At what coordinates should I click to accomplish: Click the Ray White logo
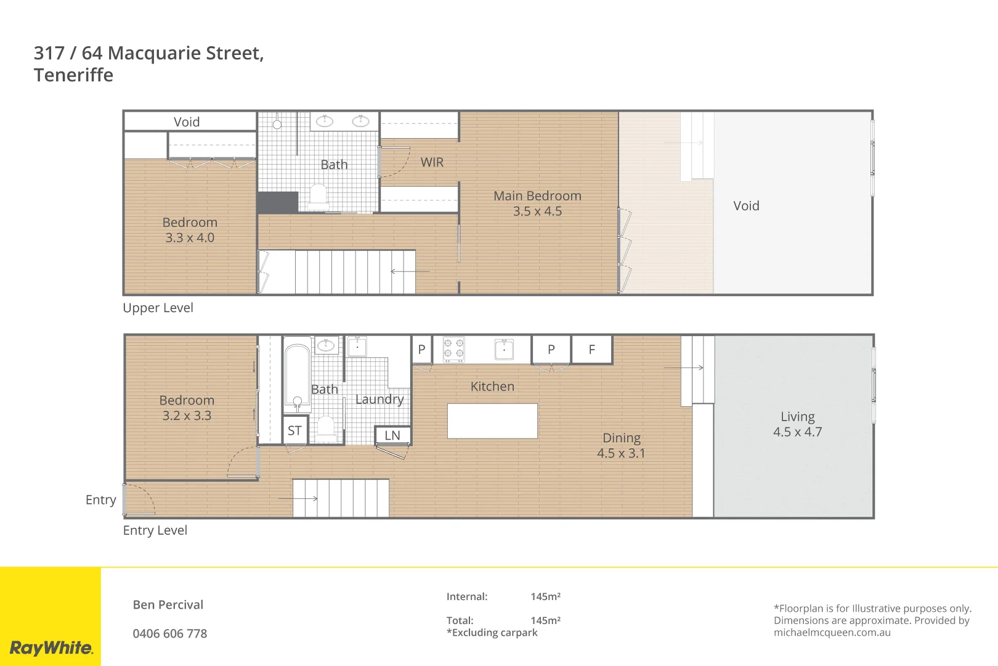point(51,647)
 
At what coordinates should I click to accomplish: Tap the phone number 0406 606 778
point(170,633)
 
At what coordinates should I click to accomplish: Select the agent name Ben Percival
point(168,604)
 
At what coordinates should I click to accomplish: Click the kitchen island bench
point(492,421)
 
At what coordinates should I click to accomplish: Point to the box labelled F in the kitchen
point(591,350)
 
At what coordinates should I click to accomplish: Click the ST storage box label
point(294,430)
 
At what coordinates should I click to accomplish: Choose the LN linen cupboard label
point(392,435)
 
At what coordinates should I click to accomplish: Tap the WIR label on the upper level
point(432,162)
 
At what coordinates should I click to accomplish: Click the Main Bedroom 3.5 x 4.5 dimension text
point(537,211)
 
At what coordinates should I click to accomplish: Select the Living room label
point(797,417)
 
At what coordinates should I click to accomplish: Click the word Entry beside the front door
point(100,499)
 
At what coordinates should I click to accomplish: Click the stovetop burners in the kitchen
point(454,349)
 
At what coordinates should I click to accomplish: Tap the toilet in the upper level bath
point(318,195)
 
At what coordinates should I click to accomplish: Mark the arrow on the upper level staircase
point(410,271)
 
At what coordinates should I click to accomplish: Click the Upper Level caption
point(158,308)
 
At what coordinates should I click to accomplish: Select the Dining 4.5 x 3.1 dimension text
point(621,453)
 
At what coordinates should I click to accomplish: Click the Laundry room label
point(379,399)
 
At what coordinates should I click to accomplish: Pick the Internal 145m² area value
point(545,596)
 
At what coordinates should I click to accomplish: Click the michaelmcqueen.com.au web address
point(832,632)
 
